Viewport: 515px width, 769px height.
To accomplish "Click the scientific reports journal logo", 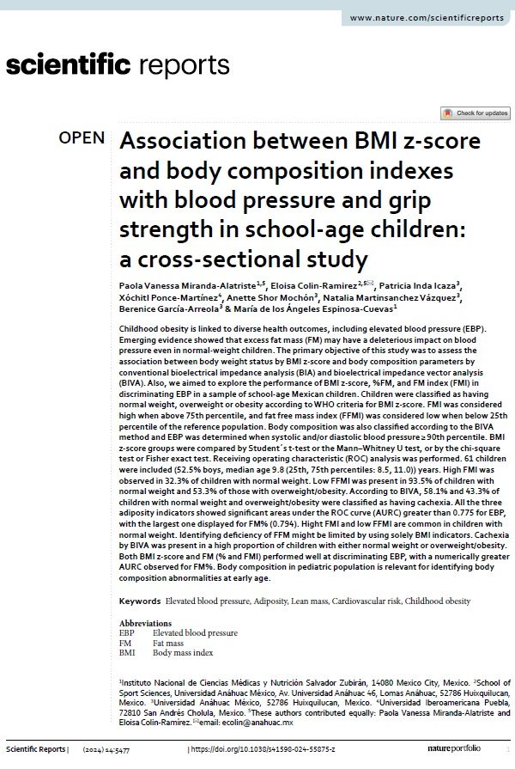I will pos(118,65).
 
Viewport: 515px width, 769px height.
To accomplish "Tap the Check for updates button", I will pos(476,113).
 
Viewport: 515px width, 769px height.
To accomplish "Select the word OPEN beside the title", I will pos(82,138).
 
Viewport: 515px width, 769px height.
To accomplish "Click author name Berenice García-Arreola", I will pos(163,310).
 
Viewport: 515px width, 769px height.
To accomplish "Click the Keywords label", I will pos(140,601).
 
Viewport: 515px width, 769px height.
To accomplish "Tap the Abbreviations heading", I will pos(146,624).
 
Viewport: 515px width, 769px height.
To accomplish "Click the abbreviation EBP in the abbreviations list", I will pos(127,633).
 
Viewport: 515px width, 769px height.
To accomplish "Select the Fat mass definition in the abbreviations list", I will pos(170,644).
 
